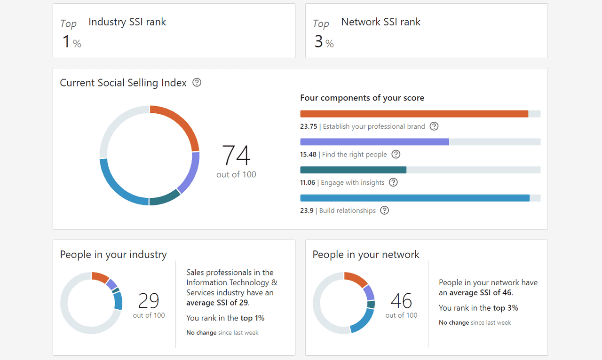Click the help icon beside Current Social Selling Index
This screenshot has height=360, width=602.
[x=197, y=83]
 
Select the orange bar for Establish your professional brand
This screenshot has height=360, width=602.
[x=414, y=114]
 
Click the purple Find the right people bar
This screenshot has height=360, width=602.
[x=374, y=142]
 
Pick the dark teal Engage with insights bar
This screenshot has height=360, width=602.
[x=353, y=170]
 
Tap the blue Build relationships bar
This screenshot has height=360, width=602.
[x=414, y=198]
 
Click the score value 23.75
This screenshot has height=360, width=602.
[x=309, y=126]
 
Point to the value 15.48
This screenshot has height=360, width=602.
[x=308, y=155]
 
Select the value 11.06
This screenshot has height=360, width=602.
[x=308, y=183]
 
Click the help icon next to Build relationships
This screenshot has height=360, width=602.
[x=385, y=211]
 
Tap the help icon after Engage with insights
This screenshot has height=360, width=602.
[x=394, y=182]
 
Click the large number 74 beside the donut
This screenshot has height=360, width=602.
[x=236, y=156]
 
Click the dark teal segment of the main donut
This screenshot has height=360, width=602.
[x=165, y=198]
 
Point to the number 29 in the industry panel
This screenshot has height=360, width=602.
[x=149, y=300]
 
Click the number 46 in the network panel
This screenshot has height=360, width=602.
[x=401, y=300]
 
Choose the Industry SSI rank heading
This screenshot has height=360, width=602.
[x=127, y=22]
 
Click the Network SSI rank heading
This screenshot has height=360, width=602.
[x=380, y=22]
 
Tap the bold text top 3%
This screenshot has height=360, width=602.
[x=506, y=308]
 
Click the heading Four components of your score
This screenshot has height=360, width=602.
[x=362, y=98]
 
